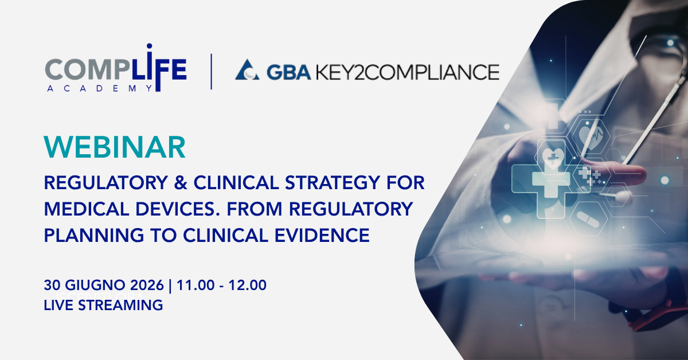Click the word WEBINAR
(115, 147)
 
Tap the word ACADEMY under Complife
(100, 88)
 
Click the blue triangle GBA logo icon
(247, 70)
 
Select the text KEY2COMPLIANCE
(408, 72)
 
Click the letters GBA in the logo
(289, 72)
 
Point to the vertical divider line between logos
(212, 72)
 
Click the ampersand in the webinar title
(181, 182)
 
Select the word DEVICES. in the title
(178, 209)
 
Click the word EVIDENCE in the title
(322, 235)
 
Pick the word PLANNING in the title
(94, 235)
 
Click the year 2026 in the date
(147, 285)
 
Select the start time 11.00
(196, 285)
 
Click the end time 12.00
(248, 285)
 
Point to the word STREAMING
(120, 305)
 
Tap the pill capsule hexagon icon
(588, 220)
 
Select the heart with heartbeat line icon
(591, 135)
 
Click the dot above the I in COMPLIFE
(149, 46)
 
